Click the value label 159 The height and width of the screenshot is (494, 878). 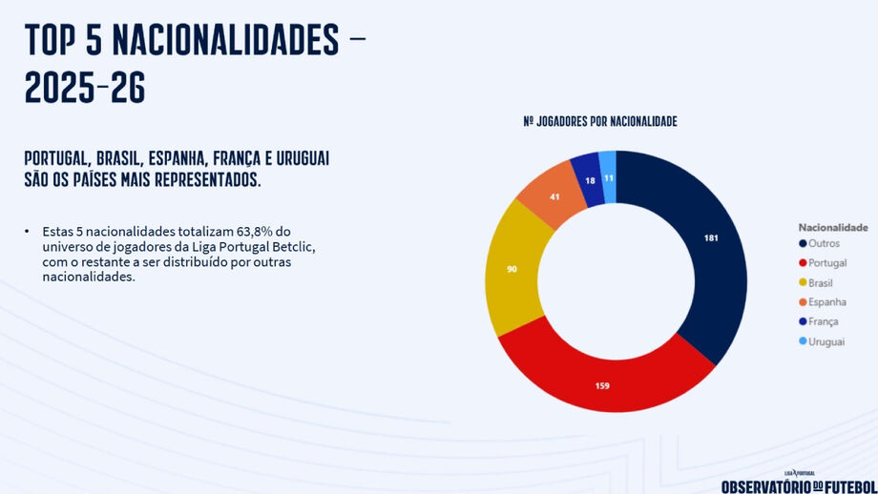coord(601,386)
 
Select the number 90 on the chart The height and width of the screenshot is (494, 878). coord(512,270)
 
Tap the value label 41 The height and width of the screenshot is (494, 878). coord(554,196)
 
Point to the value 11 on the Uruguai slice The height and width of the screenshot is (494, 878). coord(608,177)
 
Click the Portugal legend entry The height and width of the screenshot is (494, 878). coord(826,264)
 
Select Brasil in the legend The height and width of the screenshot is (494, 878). coord(821,283)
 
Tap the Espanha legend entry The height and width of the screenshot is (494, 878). coord(826,302)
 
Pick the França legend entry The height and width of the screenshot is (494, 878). coord(823,321)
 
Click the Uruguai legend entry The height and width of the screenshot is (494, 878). coord(826,341)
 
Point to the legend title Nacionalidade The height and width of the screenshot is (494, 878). coord(832,228)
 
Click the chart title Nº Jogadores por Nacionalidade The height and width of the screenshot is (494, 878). coord(600,122)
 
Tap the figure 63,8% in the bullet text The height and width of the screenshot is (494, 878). coord(270,232)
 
